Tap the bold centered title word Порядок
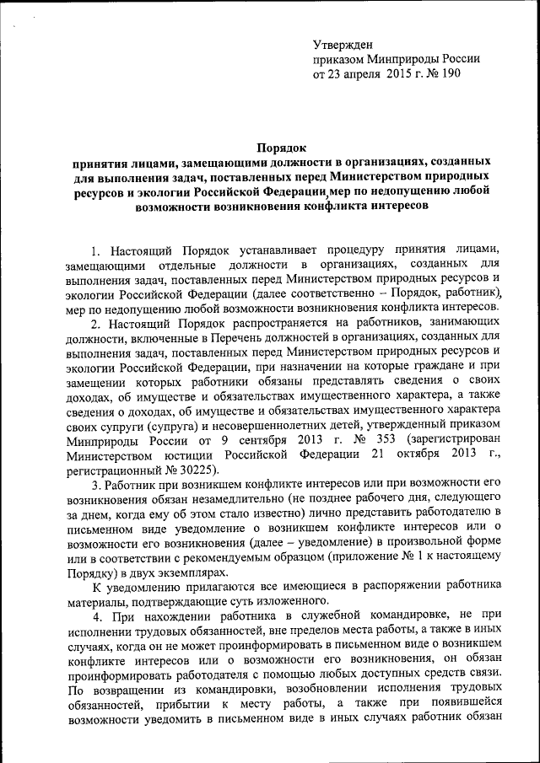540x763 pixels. (x=283, y=147)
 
